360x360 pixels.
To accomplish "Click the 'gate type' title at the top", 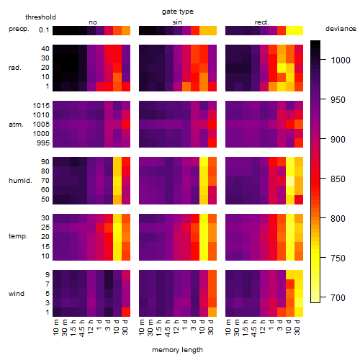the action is tap(178, 12).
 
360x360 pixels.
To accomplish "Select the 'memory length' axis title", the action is tap(178, 350).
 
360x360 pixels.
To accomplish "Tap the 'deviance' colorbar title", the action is tap(341, 29).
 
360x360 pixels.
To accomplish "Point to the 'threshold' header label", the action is tap(40, 17).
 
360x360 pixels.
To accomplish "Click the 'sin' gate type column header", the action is tap(177, 22).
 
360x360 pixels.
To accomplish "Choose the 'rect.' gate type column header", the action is tap(262, 22).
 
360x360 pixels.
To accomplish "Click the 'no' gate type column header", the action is tap(93, 22).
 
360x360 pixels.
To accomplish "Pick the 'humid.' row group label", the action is tap(20, 181).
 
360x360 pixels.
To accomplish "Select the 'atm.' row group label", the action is tap(16, 125).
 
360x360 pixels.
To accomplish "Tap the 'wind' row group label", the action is tap(17, 294).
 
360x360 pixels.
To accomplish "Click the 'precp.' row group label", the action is tap(19, 29).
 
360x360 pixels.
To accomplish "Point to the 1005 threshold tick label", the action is tap(41, 125).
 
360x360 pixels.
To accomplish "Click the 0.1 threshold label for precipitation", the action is tap(44, 30).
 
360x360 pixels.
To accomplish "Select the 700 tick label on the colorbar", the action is tap(338, 298).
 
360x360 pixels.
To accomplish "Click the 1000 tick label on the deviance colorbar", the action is tap(341, 60).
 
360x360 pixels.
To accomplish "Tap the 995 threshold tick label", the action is tap(43, 143).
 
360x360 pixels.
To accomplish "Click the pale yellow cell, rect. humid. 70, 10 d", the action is tap(290, 181).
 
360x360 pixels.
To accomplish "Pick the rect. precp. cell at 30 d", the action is tap(299, 31).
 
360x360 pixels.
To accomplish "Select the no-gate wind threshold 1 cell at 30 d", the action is tap(126, 312).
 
